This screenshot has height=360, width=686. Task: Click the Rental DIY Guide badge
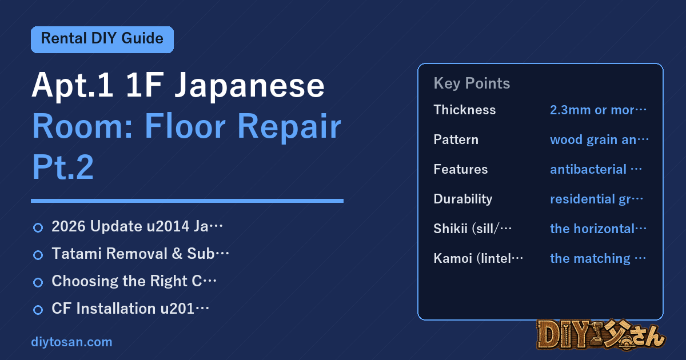(102, 39)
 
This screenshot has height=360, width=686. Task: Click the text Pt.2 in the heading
(63, 167)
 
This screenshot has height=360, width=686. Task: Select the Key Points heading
(472, 83)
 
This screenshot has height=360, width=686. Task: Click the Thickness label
(465, 110)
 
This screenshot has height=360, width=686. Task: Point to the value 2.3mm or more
(598, 110)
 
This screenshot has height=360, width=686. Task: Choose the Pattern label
(456, 139)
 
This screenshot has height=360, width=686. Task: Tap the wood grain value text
(599, 140)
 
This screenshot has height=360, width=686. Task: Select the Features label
(461, 169)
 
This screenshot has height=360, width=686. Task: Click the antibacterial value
(596, 169)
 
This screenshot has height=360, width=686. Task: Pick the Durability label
(463, 199)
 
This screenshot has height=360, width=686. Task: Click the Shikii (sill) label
(473, 229)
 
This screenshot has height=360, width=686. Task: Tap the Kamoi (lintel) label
(478, 258)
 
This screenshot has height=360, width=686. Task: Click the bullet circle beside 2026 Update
(38, 228)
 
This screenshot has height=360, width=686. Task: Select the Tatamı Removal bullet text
(140, 254)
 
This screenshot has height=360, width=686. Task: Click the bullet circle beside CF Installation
(38, 310)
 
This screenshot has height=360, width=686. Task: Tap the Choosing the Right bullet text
(134, 281)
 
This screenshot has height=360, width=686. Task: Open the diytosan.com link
(71, 342)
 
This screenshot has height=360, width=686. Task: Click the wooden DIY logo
(601, 335)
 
